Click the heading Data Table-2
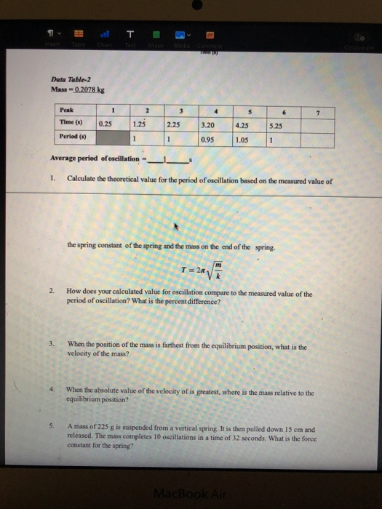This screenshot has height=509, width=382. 69,80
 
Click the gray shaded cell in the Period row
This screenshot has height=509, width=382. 105,137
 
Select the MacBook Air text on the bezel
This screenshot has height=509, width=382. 190,495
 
